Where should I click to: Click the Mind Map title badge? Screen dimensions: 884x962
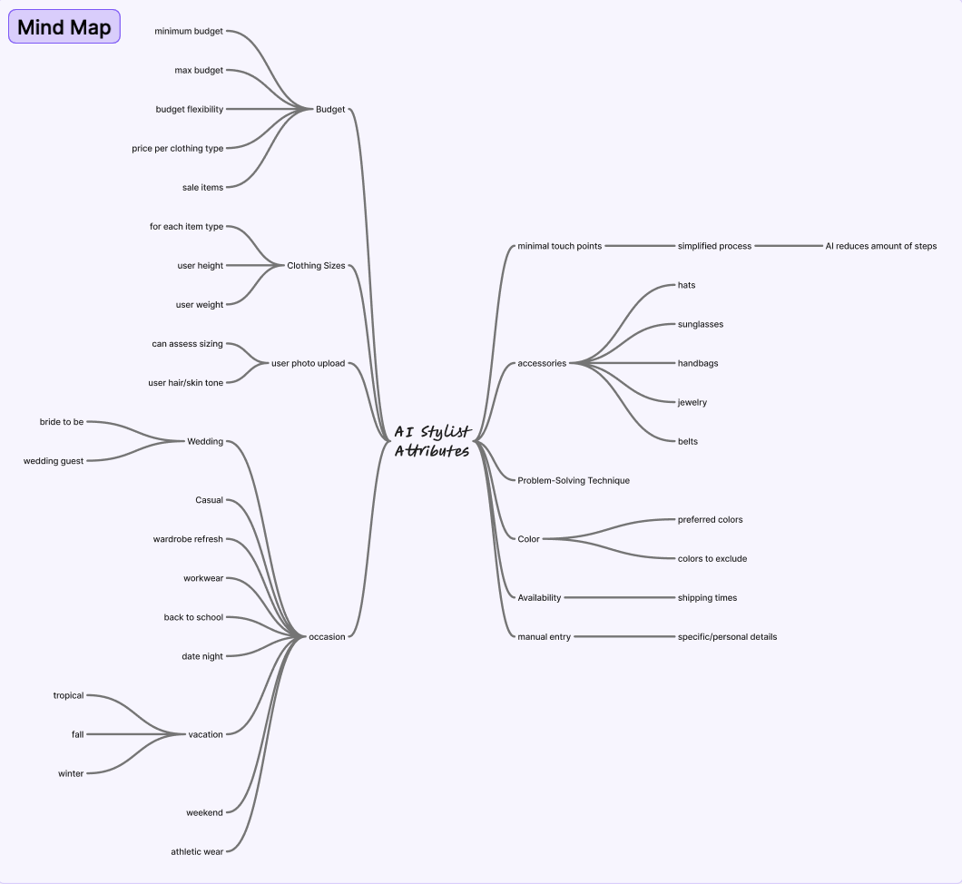(64, 27)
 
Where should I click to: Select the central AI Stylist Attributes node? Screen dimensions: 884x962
(432, 441)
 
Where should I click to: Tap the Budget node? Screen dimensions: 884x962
(330, 109)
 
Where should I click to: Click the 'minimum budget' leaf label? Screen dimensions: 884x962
(189, 31)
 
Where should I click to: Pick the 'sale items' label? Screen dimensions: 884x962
(202, 187)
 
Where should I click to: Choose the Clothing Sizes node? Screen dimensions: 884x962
(316, 265)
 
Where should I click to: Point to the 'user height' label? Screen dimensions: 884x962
(200, 265)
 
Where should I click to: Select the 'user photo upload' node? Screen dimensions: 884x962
(308, 363)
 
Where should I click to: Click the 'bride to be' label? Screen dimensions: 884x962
(62, 421)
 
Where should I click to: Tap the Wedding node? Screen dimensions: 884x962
(205, 441)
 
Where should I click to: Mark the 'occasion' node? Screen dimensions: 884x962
(327, 636)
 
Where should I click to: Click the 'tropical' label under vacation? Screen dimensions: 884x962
(68, 695)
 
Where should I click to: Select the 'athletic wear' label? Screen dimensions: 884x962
(197, 851)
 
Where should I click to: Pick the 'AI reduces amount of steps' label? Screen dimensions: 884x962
(880, 246)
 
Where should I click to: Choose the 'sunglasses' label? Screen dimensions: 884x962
(701, 324)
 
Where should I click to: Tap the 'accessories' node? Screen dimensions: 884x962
(542, 363)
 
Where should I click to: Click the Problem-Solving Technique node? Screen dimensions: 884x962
(574, 480)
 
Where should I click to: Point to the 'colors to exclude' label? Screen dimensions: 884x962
(712, 558)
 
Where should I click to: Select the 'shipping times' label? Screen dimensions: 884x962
(707, 597)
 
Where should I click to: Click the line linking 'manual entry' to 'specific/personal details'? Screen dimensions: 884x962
(624, 636)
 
